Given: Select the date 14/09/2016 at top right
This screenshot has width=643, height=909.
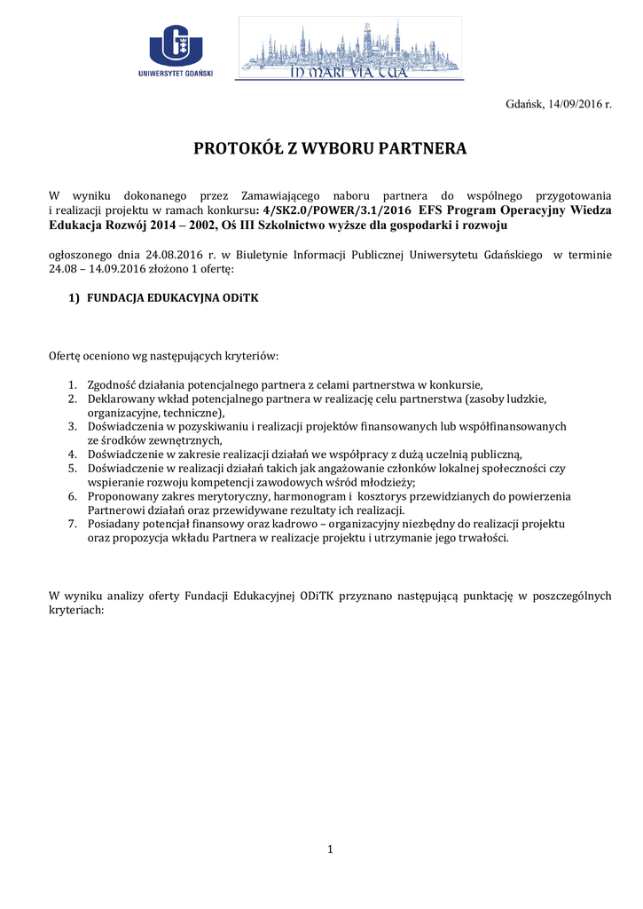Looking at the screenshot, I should point(573,104).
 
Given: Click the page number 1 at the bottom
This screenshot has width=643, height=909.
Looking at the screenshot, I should point(329,850).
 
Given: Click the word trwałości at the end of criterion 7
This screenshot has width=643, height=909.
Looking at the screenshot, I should point(483,540).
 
